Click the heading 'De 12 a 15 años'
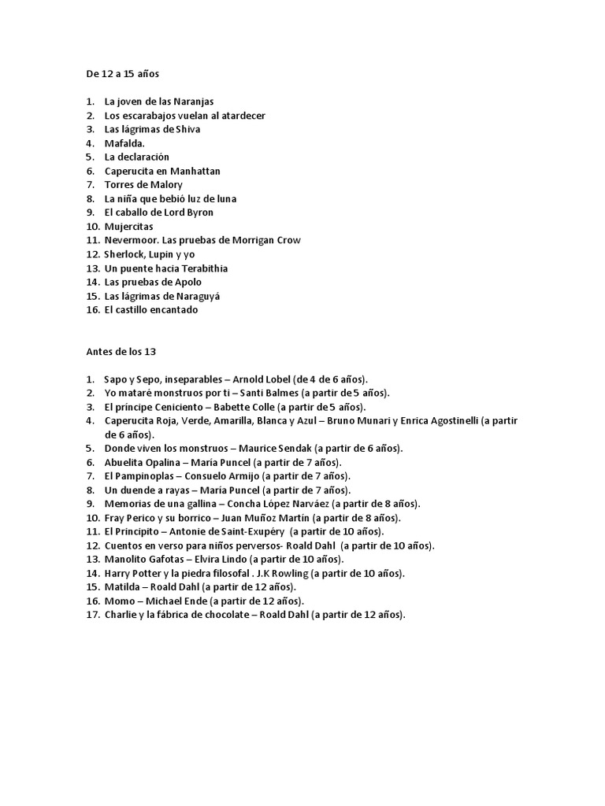tap(122, 74)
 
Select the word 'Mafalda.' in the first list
tap(124, 143)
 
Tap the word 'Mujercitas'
tap(129, 227)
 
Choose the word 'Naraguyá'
tap(194, 296)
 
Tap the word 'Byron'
tap(199, 213)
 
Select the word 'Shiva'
tap(186, 129)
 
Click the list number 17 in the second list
tap(92, 615)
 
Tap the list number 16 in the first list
tap(92, 309)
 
